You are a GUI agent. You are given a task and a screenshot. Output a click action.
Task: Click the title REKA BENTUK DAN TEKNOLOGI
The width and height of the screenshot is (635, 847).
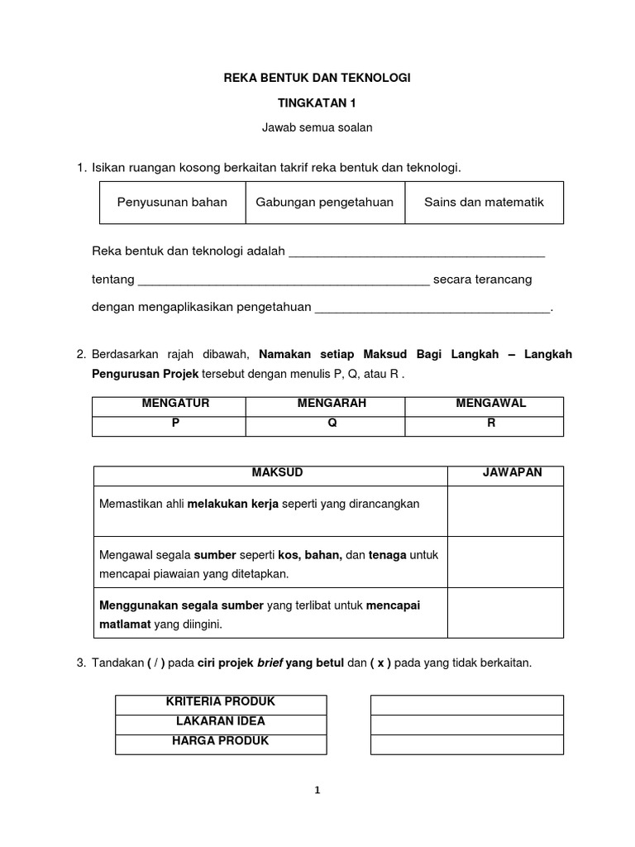click(x=317, y=78)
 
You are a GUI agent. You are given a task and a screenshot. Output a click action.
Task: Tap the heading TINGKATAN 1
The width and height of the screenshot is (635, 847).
click(x=317, y=103)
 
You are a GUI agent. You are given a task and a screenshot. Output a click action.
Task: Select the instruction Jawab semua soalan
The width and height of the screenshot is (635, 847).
click(x=317, y=127)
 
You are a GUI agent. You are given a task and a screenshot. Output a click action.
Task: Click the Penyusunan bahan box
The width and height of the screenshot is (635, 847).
click(x=172, y=203)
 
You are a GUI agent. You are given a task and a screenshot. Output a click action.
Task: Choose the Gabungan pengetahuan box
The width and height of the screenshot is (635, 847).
click(x=325, y=203)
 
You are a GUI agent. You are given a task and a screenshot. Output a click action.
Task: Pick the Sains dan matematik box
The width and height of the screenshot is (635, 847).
click(x=484, y=203)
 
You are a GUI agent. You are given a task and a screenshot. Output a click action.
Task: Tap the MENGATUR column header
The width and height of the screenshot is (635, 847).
click(x=175, y=404)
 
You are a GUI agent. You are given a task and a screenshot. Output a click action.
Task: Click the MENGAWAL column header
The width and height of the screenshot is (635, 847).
click(x=490, y=404)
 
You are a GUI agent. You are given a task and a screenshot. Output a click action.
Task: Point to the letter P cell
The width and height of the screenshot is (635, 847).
click(x=175, y=422)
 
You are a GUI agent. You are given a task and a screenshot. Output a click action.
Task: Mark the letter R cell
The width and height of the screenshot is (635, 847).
click(x=490, y=422)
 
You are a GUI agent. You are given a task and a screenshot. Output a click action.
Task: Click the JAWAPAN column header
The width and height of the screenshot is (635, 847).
click(x=512, y=473)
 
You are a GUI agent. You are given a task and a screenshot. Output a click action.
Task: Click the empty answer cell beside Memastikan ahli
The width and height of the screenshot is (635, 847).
click(x=505, y=510)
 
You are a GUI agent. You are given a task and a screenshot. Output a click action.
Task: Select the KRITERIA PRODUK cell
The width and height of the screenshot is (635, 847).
click(x=221, y=702)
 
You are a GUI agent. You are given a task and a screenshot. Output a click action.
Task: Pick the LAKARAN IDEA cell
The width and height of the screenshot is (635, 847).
click(x=221, y=722)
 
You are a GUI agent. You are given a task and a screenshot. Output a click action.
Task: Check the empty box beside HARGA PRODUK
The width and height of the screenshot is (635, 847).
click(x=466, y=743)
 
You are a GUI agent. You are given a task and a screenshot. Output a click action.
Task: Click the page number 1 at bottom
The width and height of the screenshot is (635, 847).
click(x=317, y=791)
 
